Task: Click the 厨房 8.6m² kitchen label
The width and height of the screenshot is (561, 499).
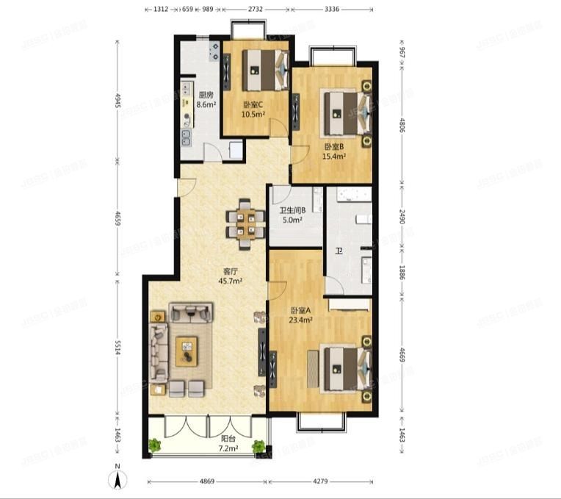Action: pos(206,99)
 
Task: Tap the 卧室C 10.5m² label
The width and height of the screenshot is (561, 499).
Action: pos(253,108)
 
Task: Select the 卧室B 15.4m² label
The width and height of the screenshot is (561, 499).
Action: pos(333,151)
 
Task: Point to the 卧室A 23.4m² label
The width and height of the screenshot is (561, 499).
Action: pos(302,315)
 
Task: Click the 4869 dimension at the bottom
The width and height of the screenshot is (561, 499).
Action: pos(209,482)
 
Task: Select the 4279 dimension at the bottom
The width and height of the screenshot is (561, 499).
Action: pos(319,482)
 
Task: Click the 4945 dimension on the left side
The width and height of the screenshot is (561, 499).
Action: pos(117,110)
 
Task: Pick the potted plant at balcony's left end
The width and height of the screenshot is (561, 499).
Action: pos(154,445)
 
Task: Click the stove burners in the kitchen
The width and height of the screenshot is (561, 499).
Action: pos(214,51)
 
